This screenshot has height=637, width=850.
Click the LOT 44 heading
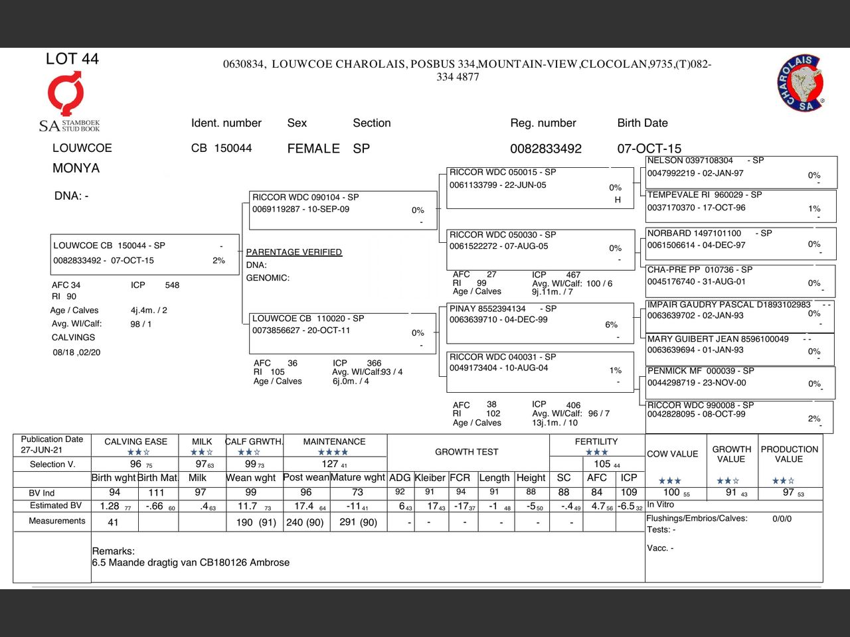pos(72,59)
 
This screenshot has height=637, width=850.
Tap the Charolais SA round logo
pos(801,84)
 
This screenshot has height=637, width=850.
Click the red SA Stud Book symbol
pos(65,94)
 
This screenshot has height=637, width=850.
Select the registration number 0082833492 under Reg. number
pos(545,149)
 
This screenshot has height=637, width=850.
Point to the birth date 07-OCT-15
pos(649,149)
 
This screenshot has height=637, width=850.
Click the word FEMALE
pos(313,149)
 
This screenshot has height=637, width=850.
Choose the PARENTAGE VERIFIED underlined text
pos(294,252)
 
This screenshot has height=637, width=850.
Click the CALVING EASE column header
pos(135,441)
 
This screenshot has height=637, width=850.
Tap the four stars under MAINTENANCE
pos(333,453)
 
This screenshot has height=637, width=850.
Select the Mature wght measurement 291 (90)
pos(359,522)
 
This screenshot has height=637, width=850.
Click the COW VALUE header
pos(672,454)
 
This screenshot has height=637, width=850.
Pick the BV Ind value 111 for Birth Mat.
pos(156,492)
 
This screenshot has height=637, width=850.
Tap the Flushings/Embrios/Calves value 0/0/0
pos(782,519)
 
